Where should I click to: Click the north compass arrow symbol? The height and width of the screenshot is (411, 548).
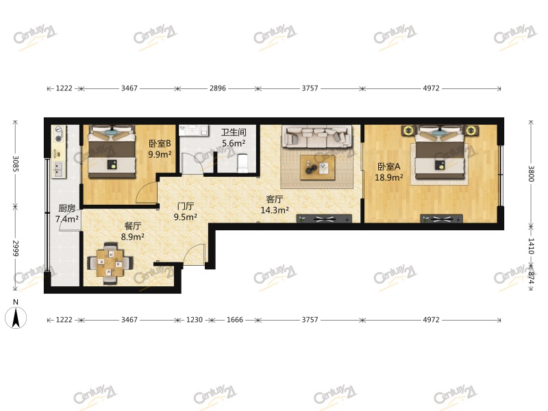16,317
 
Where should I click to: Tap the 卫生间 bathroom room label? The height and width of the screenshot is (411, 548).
234,132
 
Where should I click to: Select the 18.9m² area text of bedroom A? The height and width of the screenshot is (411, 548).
388,177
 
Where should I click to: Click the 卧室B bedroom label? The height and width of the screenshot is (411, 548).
160,143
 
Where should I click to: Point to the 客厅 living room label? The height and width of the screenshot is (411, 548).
275,199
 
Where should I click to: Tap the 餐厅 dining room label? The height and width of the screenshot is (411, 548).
133,226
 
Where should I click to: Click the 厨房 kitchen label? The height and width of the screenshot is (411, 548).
66,208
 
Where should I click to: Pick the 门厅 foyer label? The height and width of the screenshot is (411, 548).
185,206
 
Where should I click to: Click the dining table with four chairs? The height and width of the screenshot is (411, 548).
110,263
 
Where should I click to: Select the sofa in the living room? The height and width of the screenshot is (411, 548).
317,136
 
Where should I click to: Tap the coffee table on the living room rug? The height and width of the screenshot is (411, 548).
317,167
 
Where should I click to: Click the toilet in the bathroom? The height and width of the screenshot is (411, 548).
242,163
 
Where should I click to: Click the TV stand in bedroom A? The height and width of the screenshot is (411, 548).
442,219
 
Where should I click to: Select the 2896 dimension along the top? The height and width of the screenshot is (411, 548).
217,88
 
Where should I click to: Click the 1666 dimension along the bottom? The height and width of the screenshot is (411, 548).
235,319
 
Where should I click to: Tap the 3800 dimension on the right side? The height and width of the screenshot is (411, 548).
531,173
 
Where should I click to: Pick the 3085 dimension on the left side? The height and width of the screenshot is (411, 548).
15,163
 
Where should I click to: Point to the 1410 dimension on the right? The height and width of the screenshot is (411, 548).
531,246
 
